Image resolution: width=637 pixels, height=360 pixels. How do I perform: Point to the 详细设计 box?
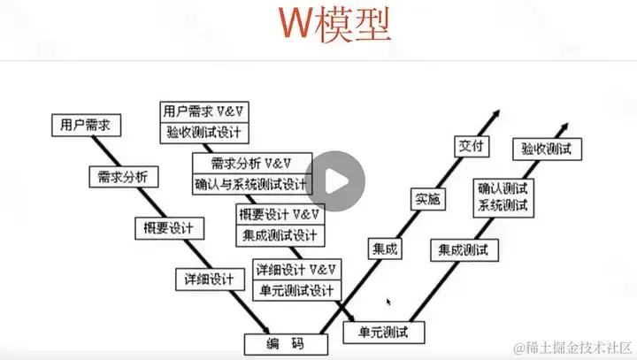click(x=210, y=279)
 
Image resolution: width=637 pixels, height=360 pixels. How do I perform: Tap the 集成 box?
click(x=383, y=249)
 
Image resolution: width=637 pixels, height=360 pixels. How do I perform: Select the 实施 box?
click(x=427, y=199)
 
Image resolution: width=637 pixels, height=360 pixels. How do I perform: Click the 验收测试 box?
click(x=547, y=148)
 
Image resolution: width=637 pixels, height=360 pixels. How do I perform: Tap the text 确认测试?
click(x=503, y=188)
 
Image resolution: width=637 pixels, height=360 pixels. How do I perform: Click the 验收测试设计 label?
click(x=203, y=133)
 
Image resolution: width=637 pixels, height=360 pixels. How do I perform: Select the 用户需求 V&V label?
click(x=203, y=111)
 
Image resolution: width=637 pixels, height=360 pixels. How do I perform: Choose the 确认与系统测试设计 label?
click(x=250, y=185)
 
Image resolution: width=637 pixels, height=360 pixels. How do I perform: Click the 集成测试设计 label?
click(x=279, y=235)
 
